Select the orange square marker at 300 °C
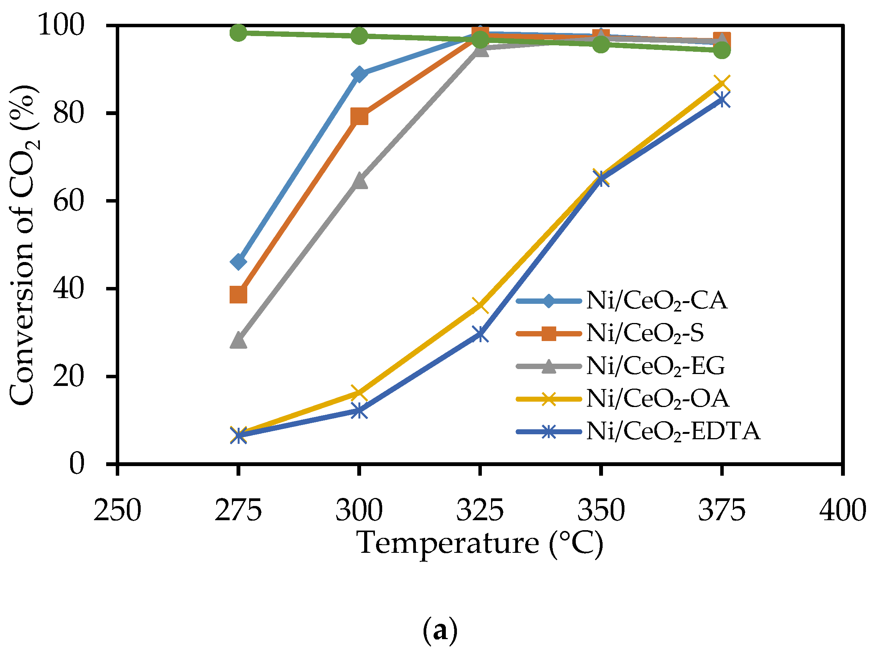[359, 117]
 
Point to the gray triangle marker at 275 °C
[238, 341]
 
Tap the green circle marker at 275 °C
[238, 33]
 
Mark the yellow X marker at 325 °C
[480, 305]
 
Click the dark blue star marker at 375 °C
[722, 100]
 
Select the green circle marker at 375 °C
[722, 50]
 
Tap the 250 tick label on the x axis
[117, 510]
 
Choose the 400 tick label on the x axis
[843, 510]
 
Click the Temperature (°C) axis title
[480, 543]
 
